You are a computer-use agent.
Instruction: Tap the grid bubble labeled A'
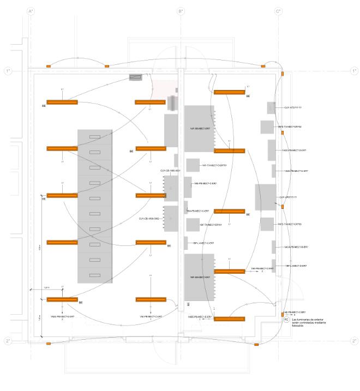pyautogui.click(x=31, y=11)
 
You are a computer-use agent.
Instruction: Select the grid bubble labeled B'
pyautogui.click(x=181, y=11)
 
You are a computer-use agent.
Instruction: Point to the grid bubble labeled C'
pyautogui.click(x=278, y=11)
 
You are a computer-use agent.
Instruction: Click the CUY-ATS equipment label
pyautogui.click(x=292, y=108)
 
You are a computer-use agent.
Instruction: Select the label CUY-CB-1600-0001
pyautogui.click(x=170, y=171)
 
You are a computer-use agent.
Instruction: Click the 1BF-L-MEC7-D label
pyautogui.click(x=296, y=266)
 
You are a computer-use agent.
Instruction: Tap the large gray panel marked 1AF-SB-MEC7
pyautogui.click(x=200, y=129)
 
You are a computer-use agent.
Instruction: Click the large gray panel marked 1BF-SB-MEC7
pyautogui.click(x=200, y=278)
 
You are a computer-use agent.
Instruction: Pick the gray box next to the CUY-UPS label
pyautogui.click(x=265, y=197)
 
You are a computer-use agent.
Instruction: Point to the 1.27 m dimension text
pyautogui.click(x=46, y=287)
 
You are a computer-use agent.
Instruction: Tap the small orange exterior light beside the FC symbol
pyautogui.click(x=282, y=314)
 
